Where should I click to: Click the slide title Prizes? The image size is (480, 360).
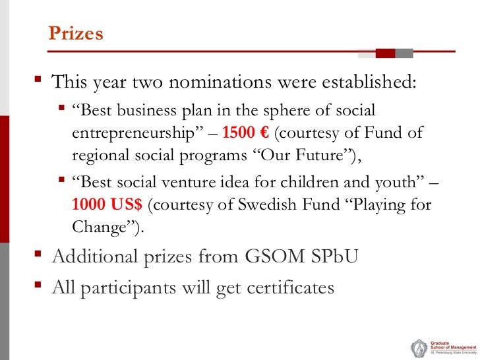pyautogui.click(x=76, y=34)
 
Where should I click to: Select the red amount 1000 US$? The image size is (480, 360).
pyautogui.click(x=107, y=205)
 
